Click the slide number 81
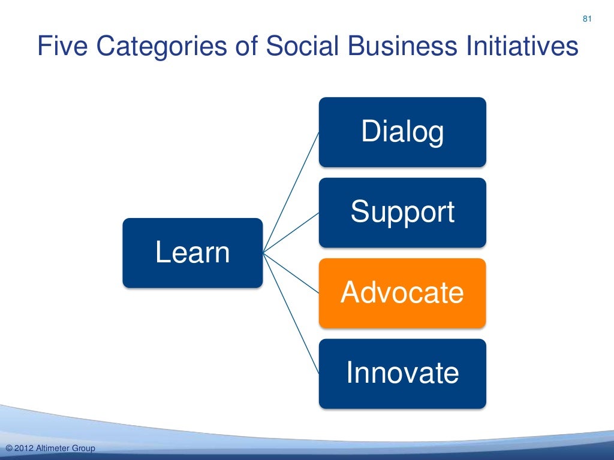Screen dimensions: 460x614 (587, 20)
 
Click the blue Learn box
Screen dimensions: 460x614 (192, 253)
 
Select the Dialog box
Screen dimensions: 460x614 (402, 132)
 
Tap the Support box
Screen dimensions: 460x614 (402, 213)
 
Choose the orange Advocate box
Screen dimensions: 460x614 (402, 293)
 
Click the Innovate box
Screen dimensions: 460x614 (402, 373)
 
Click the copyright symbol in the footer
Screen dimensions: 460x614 (8, 449)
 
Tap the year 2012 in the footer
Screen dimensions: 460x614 (23, 449)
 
